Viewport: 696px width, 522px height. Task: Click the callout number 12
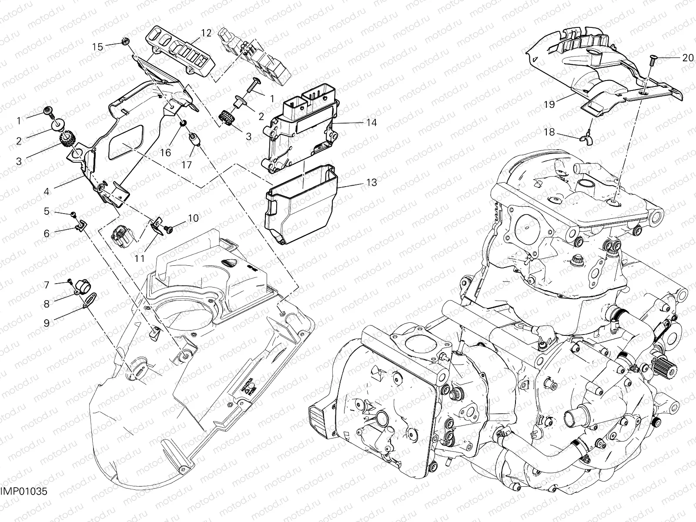click(x=206, y=33)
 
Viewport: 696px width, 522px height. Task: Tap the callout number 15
click(x=98, y=47)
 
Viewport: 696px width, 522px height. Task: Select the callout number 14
click(x=371, y=123)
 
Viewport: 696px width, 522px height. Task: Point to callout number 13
click(x=371, y=183)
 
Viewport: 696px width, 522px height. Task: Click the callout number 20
click(x=687, y=58)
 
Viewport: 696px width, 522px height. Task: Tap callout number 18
click(x=549, y=132)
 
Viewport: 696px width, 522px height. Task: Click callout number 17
click(x=187, y=165)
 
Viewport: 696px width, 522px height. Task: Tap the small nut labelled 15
click(x=124, y=42)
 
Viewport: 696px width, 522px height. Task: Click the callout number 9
click(x=47, y=322)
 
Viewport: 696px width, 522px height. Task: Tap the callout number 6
click(x=47, y=233)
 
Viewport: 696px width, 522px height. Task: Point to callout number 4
click(x=47, y=191)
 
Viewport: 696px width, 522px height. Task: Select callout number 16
click(x=165, y=153)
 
